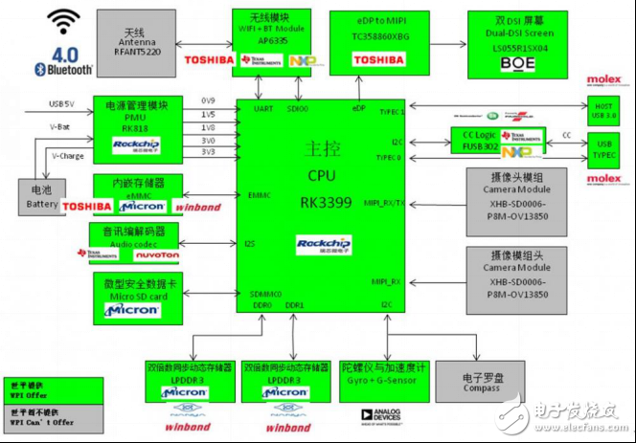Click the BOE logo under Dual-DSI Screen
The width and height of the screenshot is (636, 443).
coord(520,63)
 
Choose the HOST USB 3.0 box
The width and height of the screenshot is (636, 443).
coord(604,111)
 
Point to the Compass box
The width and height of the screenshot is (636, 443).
coord(480,383)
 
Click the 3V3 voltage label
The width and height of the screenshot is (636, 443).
coord(208,152)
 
